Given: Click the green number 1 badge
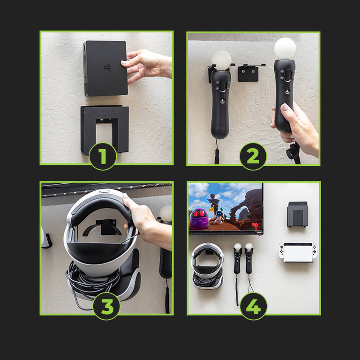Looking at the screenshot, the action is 103,157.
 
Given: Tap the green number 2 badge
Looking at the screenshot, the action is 253,157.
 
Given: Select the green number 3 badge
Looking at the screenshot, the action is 106,306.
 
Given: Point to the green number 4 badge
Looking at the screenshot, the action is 254,306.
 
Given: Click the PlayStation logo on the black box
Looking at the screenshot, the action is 107,67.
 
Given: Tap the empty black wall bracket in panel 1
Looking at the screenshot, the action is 105,130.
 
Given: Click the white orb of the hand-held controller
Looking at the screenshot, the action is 285,48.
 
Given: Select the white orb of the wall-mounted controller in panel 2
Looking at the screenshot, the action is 221,60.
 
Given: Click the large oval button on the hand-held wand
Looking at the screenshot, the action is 287,75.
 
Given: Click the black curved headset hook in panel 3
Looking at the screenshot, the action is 102,228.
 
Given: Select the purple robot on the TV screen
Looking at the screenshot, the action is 199,219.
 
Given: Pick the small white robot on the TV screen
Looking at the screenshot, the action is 219,217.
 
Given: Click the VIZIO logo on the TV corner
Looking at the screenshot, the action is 259,232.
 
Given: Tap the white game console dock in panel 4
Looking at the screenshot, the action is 298,252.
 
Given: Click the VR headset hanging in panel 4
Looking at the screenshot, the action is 207,266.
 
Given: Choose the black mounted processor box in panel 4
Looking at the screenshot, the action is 297,214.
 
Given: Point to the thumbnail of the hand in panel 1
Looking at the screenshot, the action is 124,62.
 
